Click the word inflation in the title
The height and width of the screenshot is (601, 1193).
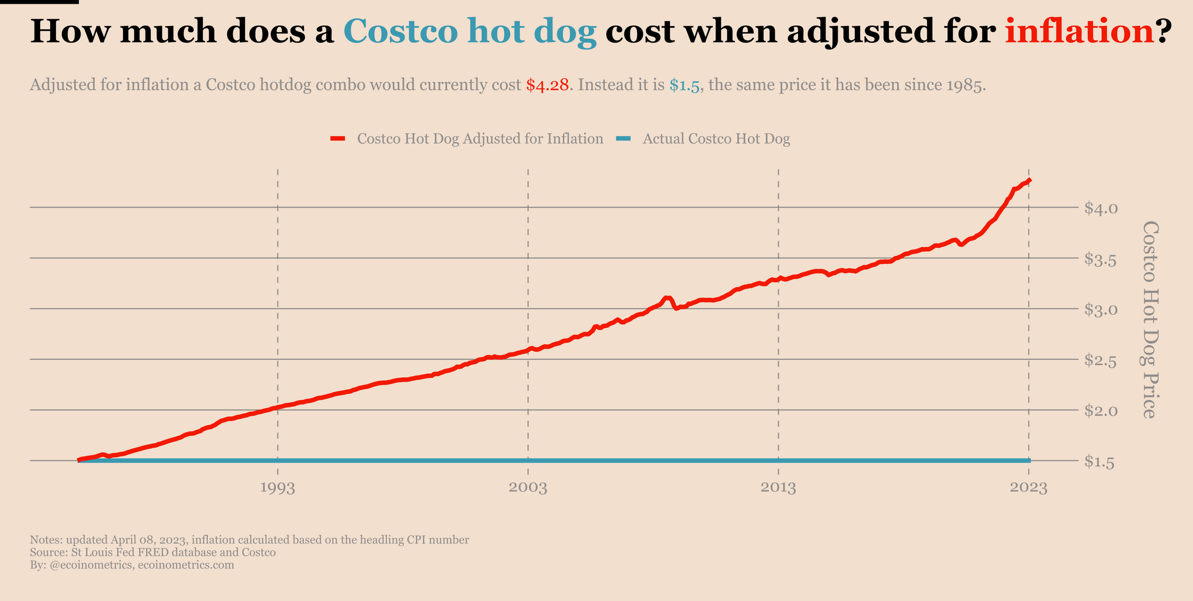[x=1079, y=31]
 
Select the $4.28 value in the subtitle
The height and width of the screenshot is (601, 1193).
[x=547, y=85]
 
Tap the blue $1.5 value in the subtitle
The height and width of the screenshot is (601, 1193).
[x=684, y=85]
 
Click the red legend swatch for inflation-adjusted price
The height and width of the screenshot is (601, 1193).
[x=338, y=139]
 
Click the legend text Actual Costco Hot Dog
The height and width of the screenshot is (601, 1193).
[x=716, y=139]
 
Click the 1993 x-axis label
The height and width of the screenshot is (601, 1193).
[x=278, y=488]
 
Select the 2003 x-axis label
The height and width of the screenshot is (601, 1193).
[x=528, y=488]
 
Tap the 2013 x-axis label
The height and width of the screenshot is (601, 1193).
[x=778, y=488]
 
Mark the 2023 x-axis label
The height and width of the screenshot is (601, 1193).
[x=1029, y=488]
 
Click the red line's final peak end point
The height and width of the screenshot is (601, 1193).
[x=1030, y=180]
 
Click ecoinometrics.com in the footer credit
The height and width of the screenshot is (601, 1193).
[x=186, y=565]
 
